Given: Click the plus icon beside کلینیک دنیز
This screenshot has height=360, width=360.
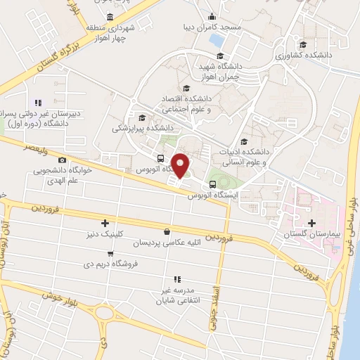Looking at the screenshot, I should (105, 223).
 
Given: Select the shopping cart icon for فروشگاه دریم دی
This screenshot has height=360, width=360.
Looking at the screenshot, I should (110, 254).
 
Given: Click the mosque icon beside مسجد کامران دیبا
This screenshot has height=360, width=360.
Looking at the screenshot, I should (212, 17).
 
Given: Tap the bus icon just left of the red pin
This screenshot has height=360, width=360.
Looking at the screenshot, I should (161, 159).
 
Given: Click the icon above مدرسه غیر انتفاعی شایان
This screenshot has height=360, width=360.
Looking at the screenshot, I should (178, 279).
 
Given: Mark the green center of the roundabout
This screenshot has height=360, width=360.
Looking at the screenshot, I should (105, 313).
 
